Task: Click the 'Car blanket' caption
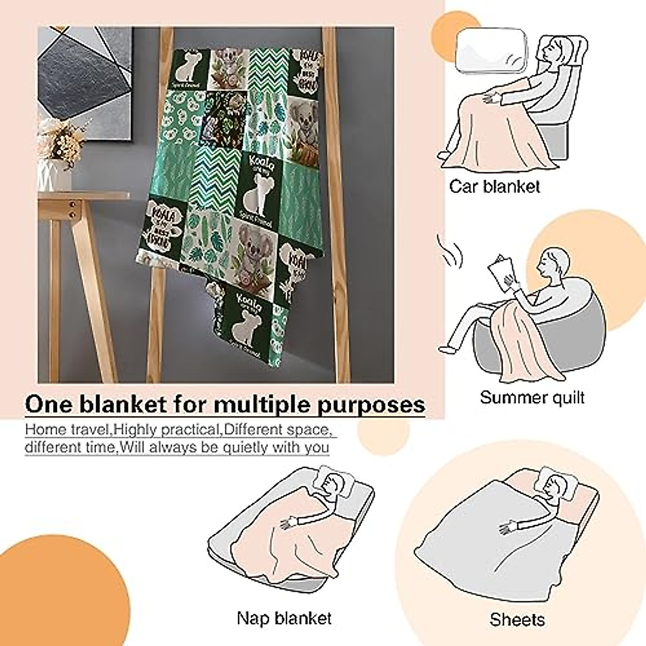(494, 187)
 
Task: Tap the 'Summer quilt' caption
(532, 398)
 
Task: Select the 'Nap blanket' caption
(284, 618)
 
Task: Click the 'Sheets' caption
(517, 620)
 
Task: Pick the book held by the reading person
(502, 272)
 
